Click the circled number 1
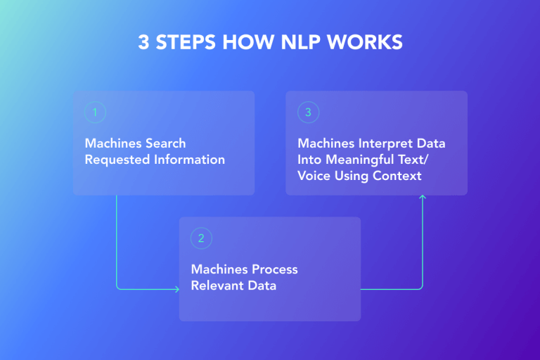tap(95, 112)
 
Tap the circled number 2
tap(201, 238)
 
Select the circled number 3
tap(307, 112)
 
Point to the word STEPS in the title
tap(184, 42)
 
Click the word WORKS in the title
tap(368, 42)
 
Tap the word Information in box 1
tap(188, 160)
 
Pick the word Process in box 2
tap(274, 270)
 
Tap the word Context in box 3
tap(397, 175)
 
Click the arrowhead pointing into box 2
tap(176, 288)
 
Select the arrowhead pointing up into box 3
tap(423, 198)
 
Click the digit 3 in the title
tap(143, 42)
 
